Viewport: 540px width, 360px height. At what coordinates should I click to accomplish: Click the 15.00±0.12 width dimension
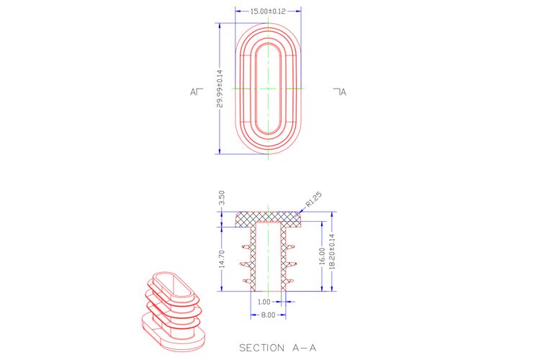268,11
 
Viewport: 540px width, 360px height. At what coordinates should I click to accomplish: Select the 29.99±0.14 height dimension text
220,89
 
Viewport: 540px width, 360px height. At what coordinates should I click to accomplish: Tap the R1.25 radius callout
314,199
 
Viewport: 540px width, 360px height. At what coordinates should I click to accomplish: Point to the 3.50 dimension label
222,198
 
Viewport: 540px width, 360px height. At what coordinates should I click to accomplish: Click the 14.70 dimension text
222,258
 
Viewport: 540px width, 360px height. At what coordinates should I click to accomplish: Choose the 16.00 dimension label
322,256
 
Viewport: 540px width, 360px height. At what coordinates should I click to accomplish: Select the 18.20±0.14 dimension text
332,251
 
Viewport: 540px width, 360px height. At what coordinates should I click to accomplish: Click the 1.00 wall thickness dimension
264,302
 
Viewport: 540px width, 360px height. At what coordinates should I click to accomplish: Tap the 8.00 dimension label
269,315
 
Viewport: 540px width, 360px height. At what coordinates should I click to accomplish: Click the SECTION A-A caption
278,348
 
